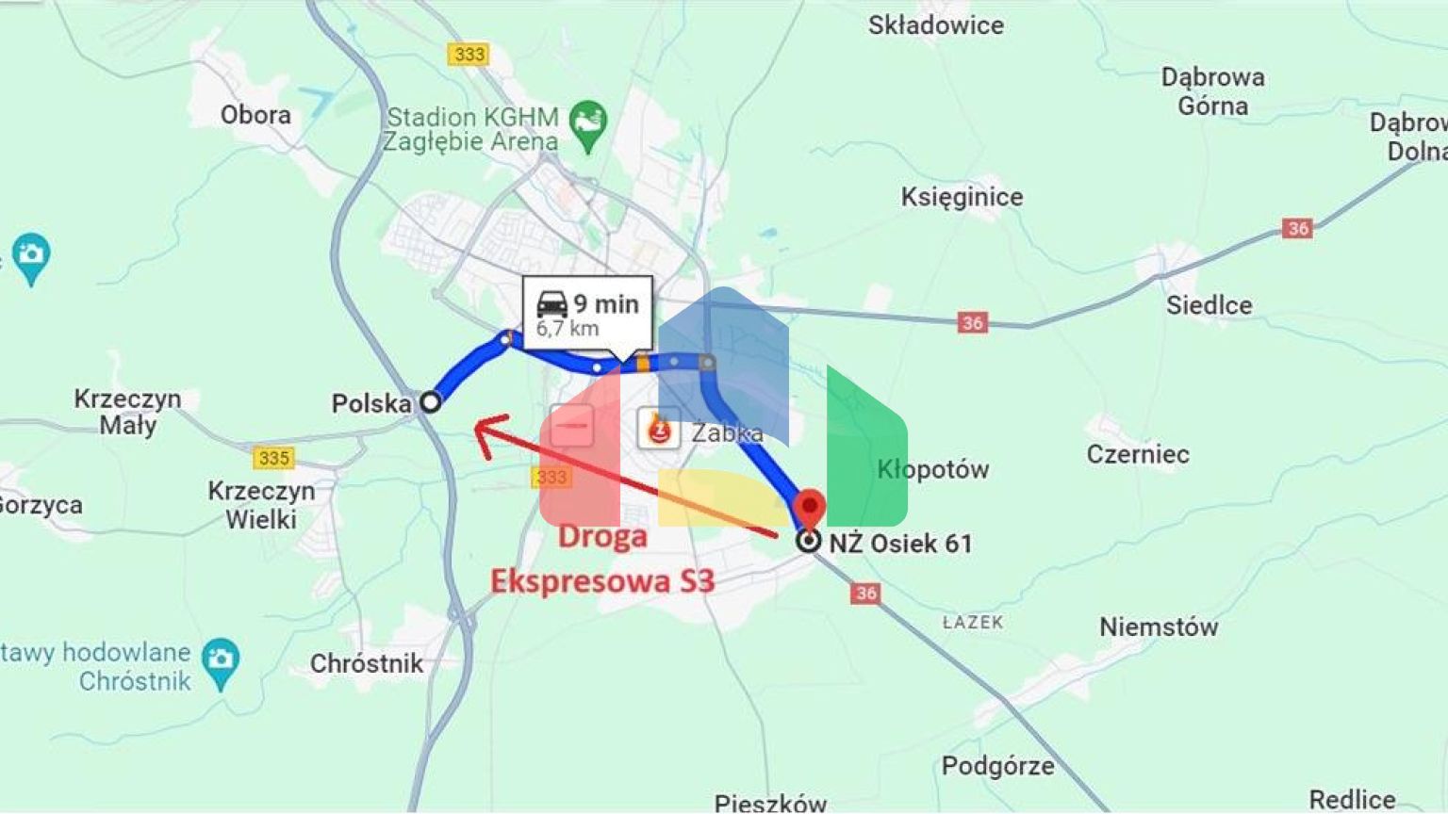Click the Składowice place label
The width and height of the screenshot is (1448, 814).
[935, 25]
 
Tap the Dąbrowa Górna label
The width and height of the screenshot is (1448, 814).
[1212, 91]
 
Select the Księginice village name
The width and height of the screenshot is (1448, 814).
[962, 197]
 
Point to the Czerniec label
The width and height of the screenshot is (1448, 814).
[1138, 454]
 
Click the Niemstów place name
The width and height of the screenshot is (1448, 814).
[1159, 627]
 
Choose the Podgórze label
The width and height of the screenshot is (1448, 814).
[997, 766]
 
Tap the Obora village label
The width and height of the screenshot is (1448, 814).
[255, 115]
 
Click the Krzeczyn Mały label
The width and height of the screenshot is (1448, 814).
[127, 412]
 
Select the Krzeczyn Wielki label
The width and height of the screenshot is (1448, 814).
[261, 505]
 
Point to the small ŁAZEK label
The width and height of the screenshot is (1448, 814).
[973, 623]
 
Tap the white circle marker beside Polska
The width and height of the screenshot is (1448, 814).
[430, 402]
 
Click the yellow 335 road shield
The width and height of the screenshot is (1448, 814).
[273, 458]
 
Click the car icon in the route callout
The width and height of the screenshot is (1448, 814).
[551, 304]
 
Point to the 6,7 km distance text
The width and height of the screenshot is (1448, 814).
[568, 329]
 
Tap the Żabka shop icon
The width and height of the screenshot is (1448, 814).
[659, 430]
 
